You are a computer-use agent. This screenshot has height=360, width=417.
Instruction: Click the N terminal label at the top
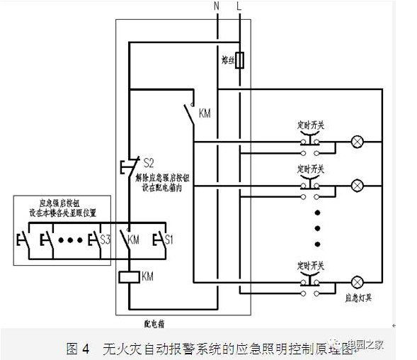[217, 6]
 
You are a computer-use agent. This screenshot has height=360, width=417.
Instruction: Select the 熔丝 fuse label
[227, 62]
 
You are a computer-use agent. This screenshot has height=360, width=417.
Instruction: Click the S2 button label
[149, 162]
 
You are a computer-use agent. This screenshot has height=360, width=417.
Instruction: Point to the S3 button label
[106, 240]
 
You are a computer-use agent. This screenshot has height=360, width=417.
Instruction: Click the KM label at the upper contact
[205, 113]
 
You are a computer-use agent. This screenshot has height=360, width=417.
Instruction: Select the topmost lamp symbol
[358, 142]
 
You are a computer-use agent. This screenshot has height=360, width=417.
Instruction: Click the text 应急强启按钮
[57, 202]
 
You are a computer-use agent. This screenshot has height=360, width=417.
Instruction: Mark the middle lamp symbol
[358, 185]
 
